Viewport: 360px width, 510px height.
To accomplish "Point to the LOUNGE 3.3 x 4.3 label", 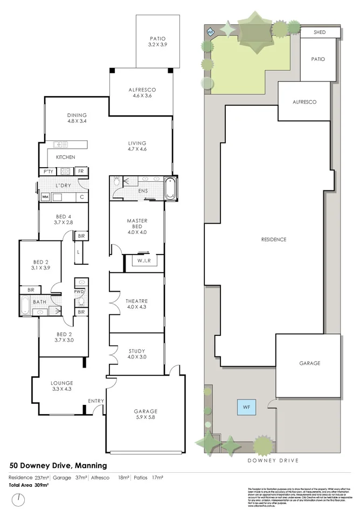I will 62,385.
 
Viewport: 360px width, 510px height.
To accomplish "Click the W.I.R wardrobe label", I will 143,261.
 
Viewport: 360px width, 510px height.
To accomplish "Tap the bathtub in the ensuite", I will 170,188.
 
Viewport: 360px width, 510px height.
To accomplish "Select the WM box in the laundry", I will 45,197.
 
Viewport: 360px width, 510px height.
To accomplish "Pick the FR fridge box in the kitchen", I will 80,171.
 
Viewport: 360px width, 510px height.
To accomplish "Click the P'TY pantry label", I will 47,171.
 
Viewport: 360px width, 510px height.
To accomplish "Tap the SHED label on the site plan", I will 320,32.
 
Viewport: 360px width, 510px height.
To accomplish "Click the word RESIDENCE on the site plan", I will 274,239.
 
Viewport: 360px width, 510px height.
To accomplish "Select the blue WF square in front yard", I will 247,406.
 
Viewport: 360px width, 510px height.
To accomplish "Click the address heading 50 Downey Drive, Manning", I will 59,465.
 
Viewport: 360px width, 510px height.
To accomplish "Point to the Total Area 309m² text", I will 29,485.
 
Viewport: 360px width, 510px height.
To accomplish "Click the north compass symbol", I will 20,499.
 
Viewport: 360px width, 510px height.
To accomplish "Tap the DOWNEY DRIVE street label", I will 272,461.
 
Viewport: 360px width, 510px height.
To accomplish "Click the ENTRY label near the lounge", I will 96,401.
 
